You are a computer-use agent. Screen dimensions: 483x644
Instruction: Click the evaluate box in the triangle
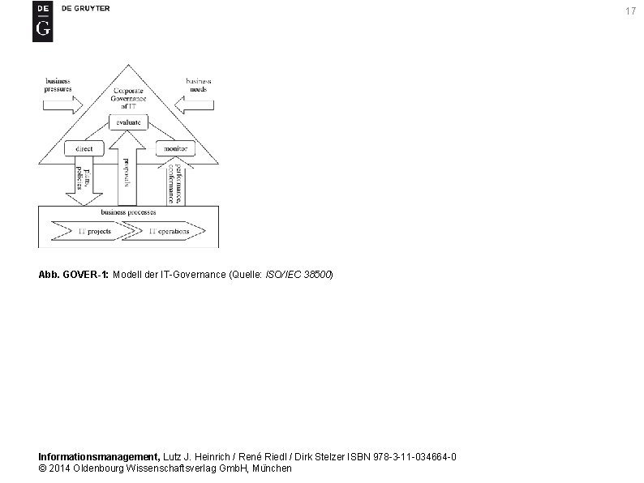127,122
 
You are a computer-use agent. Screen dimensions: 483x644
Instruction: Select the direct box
84,149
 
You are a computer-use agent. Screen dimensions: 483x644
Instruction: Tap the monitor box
174,149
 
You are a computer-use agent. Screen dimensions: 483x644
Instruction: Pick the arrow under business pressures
65,105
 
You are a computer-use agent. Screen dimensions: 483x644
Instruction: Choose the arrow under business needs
197,105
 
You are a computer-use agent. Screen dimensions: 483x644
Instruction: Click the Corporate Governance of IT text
129,98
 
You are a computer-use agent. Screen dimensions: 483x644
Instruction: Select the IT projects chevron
92,231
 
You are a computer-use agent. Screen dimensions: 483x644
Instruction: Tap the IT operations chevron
166,231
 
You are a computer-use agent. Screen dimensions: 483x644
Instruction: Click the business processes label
128,212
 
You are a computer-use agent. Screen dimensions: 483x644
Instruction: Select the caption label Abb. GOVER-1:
74,275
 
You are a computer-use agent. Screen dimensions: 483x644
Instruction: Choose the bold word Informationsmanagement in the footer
100,457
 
